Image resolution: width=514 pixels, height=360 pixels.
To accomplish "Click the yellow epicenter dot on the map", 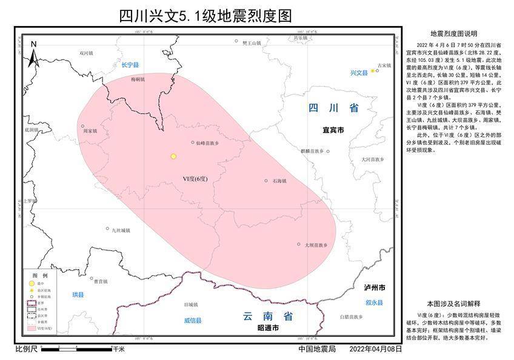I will (x=173, y=156).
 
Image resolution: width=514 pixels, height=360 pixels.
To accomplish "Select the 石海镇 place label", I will (x=279, y=181).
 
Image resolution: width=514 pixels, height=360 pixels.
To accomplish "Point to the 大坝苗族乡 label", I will (x=316, y=245).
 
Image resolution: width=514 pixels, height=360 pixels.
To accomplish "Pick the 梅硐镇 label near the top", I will (x=138, y=79).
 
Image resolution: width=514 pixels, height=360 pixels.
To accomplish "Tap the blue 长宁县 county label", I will (x=130, y=65).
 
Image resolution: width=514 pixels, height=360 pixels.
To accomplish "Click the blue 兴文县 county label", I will (x=359, y=73).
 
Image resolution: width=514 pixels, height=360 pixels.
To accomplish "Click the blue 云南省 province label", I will (x=267, y=316).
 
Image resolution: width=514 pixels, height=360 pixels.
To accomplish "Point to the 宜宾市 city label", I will (x=333, y=130).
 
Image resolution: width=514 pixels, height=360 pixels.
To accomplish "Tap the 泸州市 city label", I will (x=375, y=287).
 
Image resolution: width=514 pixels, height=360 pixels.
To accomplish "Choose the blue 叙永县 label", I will (x=375, y=302).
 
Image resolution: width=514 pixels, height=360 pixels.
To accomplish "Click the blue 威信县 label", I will (x=193, y=321).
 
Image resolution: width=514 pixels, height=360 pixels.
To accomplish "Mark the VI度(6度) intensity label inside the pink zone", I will (x=195, y=179).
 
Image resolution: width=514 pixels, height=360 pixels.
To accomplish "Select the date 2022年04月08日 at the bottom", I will (x=376, y=350).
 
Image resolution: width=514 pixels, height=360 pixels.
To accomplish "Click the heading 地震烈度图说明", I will (x=453, y=33).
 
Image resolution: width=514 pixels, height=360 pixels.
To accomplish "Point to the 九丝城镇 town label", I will (x=121, y=230).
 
